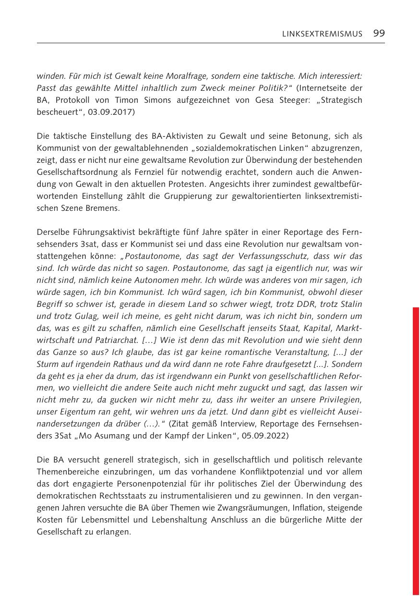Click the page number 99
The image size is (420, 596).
tap(379, 33)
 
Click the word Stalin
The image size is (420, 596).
tap(348, 304)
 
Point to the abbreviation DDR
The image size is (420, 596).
tap(281, 304)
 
